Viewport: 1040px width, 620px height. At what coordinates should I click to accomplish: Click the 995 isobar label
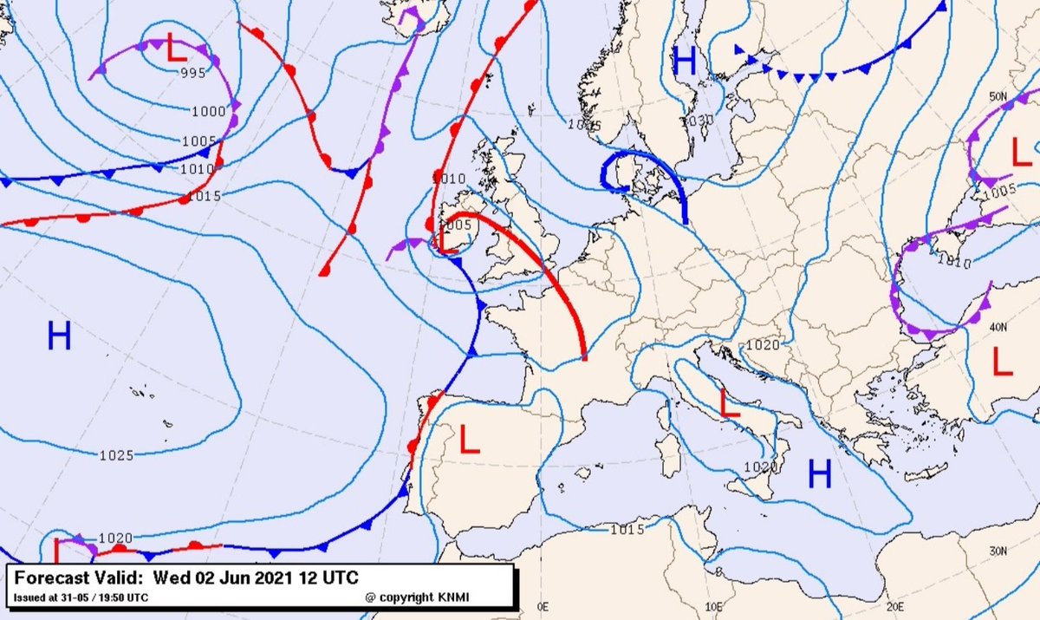coord(193,73)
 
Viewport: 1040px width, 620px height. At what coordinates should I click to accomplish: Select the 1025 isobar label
coord(116,455)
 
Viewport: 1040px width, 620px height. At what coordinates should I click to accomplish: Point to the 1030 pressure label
coord(698,120)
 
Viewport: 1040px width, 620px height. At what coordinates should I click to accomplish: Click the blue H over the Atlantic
coord(59,336)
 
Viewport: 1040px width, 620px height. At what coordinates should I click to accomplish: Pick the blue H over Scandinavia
coord(685,61)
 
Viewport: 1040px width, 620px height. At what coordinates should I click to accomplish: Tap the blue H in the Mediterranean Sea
coord(820,473)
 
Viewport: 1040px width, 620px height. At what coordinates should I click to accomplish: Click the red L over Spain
coord(469,440)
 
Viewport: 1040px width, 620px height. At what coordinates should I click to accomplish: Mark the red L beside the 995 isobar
coord(176,49)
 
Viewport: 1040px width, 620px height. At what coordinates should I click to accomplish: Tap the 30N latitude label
coord(998,551)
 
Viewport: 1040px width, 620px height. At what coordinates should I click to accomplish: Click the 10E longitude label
coord(714,607)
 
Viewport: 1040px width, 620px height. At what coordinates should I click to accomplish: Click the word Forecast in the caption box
coord(48,578)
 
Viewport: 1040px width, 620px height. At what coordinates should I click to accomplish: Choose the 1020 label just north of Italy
coord(763,344)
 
